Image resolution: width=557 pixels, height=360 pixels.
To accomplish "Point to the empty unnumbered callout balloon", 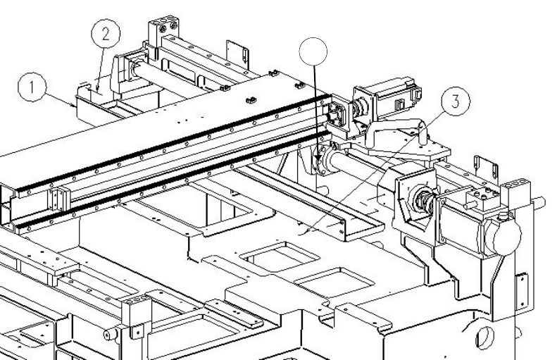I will click(313, 54).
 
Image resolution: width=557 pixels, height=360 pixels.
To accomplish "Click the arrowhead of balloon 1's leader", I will click(74, 105).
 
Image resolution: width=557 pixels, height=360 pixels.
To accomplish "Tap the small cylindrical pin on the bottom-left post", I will click(110, 330).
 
